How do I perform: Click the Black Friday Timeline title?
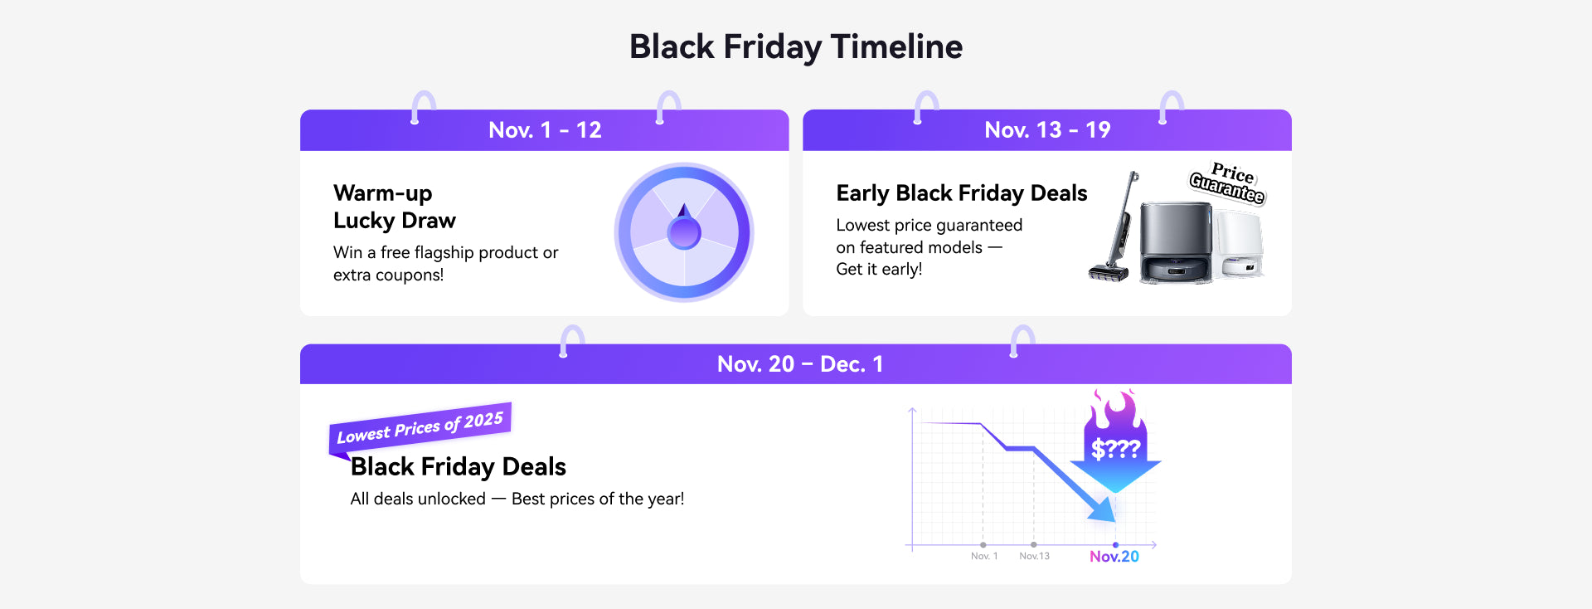coord(796,47)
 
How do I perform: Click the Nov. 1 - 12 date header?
coord(545,130)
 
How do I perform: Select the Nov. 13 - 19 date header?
coord(1047,130)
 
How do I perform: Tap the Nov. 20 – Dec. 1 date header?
coord(800,364)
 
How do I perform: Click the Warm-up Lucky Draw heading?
coord(395,207)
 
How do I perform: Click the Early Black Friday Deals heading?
coord(962,193)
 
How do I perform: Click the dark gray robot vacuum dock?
coord(1176,243)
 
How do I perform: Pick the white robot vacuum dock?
coord(1240,245)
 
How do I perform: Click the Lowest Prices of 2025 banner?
coord(420,426)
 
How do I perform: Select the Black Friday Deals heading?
coord(459,467)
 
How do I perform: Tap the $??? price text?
coord(1116,449)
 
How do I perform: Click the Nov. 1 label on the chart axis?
coord(984,556)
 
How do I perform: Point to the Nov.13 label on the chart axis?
coord(1034,556)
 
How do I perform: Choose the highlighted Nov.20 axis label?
coord(1114,557)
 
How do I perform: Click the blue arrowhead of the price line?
coord(1103,509)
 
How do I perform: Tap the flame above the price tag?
coord(1114,407)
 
